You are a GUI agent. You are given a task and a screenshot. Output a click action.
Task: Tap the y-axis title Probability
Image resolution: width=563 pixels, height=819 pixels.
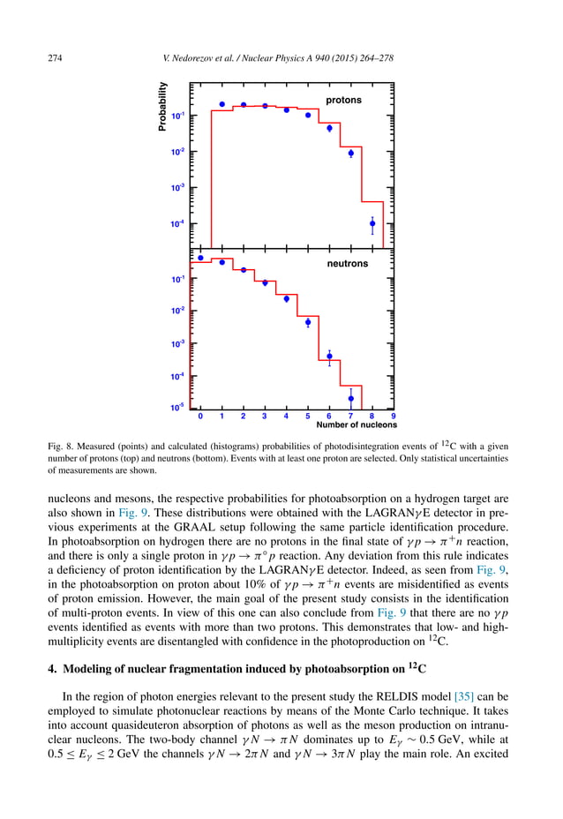coord(161,107)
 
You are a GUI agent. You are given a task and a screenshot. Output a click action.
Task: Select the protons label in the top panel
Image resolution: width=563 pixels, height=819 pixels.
coord(343,101)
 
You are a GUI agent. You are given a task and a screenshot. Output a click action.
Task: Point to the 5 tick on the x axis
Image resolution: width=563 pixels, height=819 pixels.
coord(308,415)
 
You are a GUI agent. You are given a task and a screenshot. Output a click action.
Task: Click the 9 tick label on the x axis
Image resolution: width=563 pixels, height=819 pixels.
coord(394,415)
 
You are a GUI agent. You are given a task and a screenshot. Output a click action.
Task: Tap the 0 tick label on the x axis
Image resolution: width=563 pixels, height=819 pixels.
coord(200,415)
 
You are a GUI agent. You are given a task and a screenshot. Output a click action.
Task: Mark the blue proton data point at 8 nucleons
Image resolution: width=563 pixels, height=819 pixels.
coord(372,223)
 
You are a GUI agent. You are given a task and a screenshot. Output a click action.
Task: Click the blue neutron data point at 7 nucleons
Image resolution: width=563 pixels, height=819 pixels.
coord(351,398)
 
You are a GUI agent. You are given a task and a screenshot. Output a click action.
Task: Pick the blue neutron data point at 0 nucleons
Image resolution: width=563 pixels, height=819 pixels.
coord(200,258)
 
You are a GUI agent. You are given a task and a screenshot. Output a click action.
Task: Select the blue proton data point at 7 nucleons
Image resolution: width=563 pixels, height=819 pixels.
coord(351,153)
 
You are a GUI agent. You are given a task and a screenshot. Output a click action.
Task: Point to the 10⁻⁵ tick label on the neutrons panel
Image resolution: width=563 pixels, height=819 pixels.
coord(177,408)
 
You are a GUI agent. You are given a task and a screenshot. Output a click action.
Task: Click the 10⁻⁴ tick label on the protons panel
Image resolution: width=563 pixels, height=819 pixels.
coord(177,224)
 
